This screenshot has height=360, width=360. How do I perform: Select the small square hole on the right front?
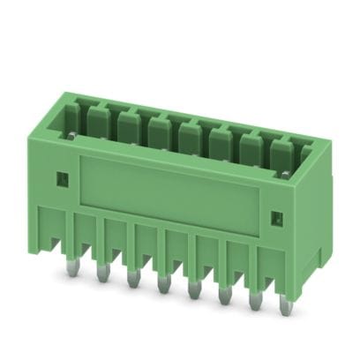point(274,216)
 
